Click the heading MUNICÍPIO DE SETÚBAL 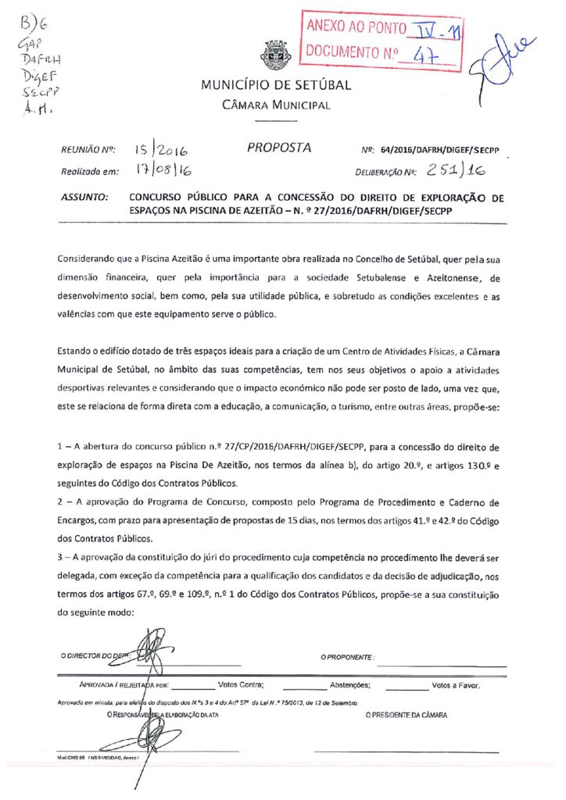click(x=276, y=85)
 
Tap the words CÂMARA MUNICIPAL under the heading click(x=276, y=105)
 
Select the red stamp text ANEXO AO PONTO click(x=355, y=29)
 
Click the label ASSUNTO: click(x=84, y=198)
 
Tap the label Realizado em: click(x=89, y=170)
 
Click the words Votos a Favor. click(x=456, y=685)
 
